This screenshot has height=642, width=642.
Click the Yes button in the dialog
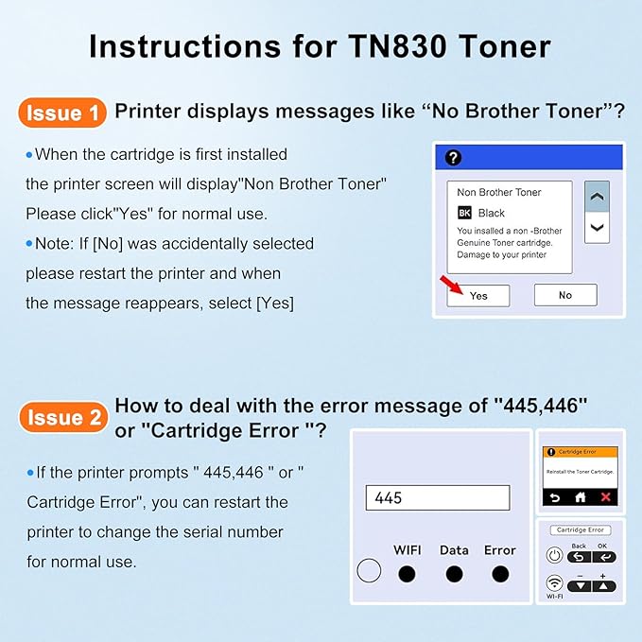pyautogui.click(x=478, y=295)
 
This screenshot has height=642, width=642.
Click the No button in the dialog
pyautogui.click(x=564, y=295)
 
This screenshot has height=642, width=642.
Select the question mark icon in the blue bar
pyautogui.click(x=453, y=158)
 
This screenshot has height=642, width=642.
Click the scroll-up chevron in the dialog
pyautogui.click(x=597, y=198)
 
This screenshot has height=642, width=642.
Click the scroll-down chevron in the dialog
pyautogui.click(x=597, y=227)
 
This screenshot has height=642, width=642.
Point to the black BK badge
pyautogui.click(x=464, y=213)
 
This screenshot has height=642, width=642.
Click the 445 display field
pyautogui.click(x=437, y=497)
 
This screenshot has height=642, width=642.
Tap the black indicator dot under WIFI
pyautogui.click(x=407, y=573)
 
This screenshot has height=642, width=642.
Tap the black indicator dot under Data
pyautogui.click(x=454, y=573)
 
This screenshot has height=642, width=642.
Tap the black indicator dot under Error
pyautogui.click(x=500, y=573)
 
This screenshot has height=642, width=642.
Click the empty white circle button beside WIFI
pyautogui.click(x=370, y=570)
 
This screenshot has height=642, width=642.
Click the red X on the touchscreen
pyautogui.click(x=606, y=497)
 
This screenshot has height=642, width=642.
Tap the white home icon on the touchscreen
pyautogui.click(x=581, y=497)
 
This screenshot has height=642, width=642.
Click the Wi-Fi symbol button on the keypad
pyautogui.click(x=555, y=583)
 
